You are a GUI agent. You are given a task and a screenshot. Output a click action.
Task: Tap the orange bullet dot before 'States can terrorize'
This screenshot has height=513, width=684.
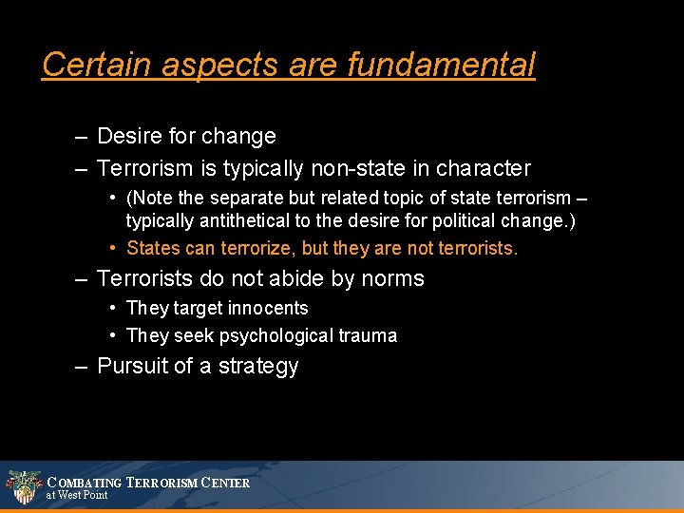(112, 248)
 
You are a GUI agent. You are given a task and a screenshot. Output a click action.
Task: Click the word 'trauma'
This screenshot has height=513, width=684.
(366, 335)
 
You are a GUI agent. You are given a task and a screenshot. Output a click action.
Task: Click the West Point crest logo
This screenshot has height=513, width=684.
(23, 486)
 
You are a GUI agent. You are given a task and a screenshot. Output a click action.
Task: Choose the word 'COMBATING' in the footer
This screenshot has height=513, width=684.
(85, 483)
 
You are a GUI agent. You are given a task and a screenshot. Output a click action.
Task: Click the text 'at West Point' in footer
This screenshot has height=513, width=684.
(77, 495)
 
